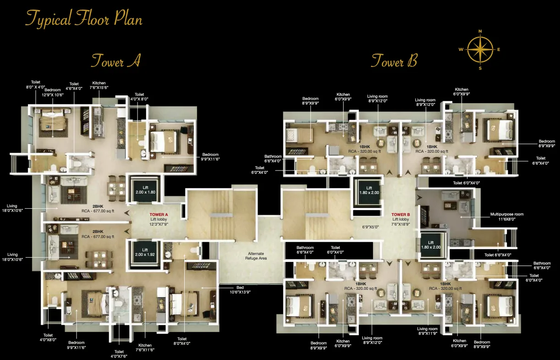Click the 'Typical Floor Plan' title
(x=84, y=19)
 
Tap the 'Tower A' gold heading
(x=115, y=61)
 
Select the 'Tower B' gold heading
(x=394, y=61)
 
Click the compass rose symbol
(x=480, y=50)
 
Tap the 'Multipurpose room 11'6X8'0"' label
(x=506, y=216)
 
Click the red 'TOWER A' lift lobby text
(x=159, y=215)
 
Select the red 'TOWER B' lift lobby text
(x=400, y=215)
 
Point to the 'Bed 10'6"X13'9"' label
(x=240, y=289)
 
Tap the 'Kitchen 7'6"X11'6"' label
(x=145, y=348)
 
